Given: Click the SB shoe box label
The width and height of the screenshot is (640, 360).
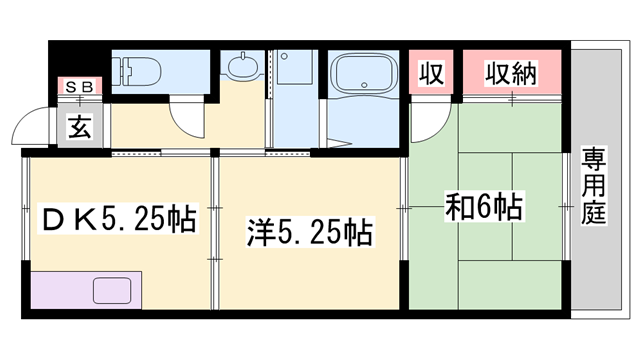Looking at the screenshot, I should [x=79, y=87].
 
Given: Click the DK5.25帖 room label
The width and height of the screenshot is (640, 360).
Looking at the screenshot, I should [x=117, y=216].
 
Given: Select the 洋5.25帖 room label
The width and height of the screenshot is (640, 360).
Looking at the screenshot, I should [x=310, y=234].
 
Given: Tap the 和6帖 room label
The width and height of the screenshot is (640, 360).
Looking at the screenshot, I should [x=484, y=209].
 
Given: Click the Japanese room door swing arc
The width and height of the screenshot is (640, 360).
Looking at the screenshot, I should [x=428, y=122].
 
